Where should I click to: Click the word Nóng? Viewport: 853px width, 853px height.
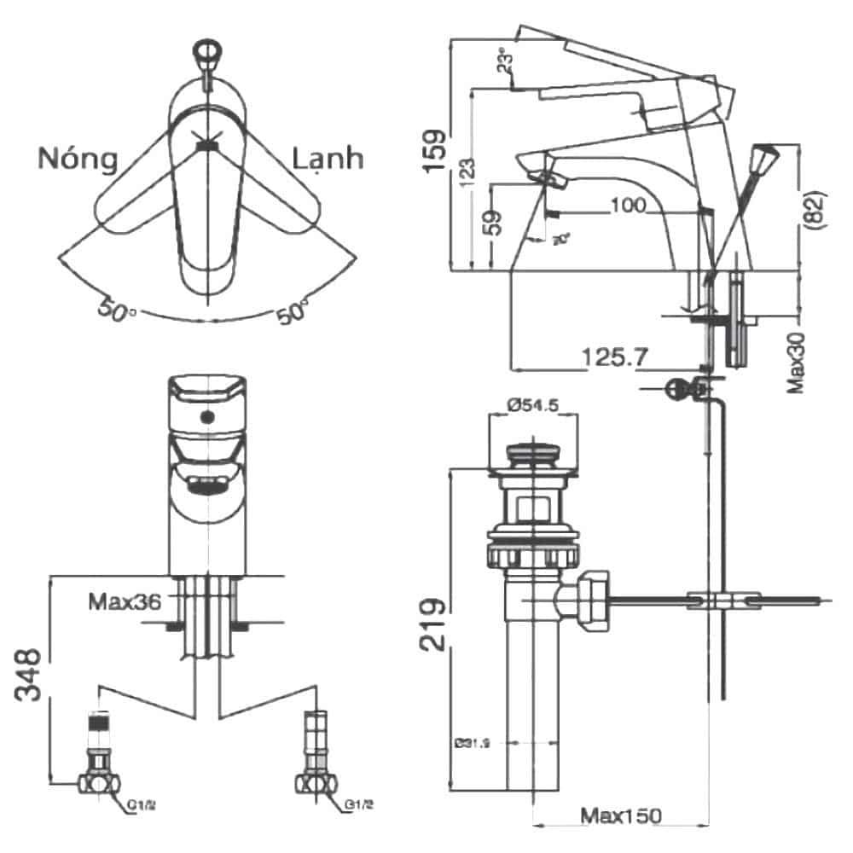point(77,159)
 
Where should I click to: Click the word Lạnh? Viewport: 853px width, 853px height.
point(328,159)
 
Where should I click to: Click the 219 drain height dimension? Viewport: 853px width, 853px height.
point(435,624)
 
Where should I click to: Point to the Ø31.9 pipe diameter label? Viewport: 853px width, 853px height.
point(472,744)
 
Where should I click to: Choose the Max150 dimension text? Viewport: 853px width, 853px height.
point(621,815)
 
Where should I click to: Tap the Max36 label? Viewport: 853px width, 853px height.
point(125,602)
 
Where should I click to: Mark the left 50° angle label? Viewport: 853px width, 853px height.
point(117,309)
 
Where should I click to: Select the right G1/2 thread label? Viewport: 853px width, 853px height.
point(359,804)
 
